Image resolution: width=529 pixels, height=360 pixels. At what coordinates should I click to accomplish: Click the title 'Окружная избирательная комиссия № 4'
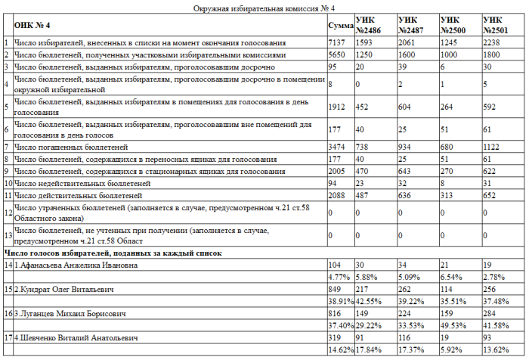[264, 8]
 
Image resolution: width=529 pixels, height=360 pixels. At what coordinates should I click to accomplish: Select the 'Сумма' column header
[341, 26]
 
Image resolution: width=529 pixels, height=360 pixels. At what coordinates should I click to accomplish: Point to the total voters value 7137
[338, 43]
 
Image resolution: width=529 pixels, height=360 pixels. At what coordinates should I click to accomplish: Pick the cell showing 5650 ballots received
[338, 55]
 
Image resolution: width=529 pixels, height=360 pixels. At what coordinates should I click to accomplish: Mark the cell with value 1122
[494, 147]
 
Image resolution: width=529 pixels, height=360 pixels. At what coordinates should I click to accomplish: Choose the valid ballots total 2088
[338, 195]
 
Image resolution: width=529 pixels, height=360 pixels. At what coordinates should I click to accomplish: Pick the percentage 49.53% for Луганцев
[454, 324]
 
